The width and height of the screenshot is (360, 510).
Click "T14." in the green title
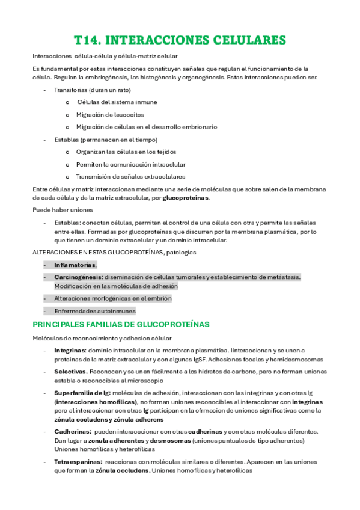[x=87, y=40]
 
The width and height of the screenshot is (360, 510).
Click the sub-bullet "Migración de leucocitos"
[x=109, y=114]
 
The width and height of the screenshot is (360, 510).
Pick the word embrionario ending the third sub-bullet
[x=197, y=127]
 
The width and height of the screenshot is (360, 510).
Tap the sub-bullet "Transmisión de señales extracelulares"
[x=130, y=176]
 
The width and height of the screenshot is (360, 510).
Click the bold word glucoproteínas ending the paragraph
[x=186, y=198]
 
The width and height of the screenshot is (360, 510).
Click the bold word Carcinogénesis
[x=78, y=277]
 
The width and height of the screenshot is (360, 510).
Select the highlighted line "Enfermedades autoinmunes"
[x=94, y=311]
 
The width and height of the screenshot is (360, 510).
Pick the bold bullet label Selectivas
[x=70, y=372]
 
